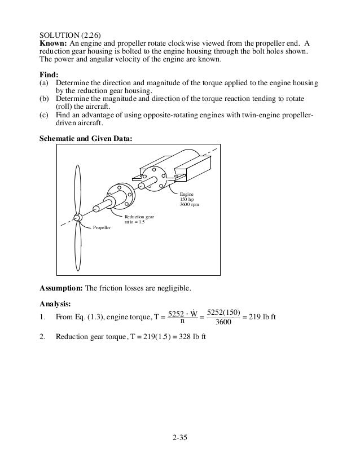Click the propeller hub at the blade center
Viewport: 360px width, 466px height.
tap(78, 217)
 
